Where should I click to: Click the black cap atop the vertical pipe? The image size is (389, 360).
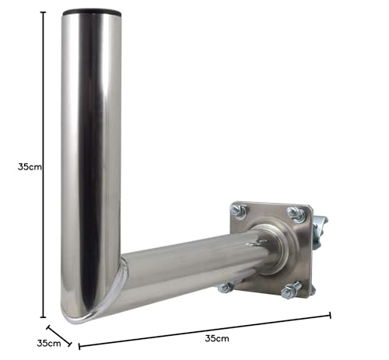(x=92, y=12)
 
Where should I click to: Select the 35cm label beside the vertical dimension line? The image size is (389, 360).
(x=30, y=167)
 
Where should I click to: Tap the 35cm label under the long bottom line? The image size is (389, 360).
(x=217, y=338)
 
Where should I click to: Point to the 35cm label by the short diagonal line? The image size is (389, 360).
(x=49, y=343)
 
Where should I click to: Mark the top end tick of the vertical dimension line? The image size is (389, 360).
(x=43, y=12)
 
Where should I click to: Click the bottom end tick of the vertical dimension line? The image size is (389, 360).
(x=43, y=317)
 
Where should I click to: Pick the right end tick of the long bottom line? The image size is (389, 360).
(x=330, y=315)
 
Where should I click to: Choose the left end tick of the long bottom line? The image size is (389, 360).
(x=79, y=346)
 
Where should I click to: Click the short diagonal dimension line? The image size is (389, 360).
(x=59, y=336)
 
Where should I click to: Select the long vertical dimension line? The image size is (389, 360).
(x=43, y=165)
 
